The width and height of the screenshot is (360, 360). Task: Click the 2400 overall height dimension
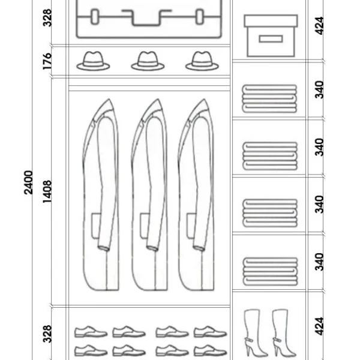28,182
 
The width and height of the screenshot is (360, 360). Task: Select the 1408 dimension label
47,192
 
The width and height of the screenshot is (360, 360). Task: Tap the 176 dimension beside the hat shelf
47,61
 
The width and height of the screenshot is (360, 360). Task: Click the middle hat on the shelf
148,61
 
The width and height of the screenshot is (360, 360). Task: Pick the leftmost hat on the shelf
93,61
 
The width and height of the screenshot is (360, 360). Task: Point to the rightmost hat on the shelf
202,61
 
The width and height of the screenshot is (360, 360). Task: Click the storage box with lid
271,35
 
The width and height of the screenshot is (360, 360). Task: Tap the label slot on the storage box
271,39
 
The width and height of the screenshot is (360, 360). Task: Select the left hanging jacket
101,194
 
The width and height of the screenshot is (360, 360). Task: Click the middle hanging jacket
149,194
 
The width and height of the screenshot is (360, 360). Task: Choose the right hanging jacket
196,194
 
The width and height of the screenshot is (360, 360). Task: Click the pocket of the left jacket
96,226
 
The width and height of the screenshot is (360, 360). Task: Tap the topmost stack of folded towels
269,99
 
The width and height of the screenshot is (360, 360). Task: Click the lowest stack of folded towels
270,272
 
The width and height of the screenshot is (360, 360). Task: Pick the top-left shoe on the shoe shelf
91,332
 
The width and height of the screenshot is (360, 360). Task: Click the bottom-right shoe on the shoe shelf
210,350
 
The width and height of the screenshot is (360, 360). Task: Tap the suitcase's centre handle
146,17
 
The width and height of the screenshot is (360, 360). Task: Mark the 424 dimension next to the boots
319,326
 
